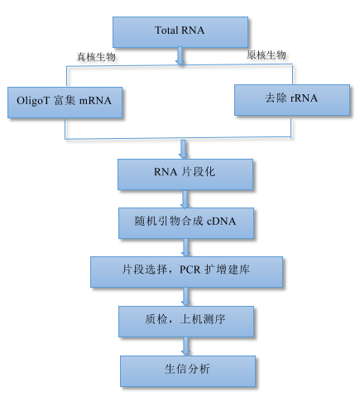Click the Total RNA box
[x=180, y=32]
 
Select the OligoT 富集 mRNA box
[x=65, y=103]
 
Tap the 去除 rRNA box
[x=292, y=100]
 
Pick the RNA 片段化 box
[x=185, y=174]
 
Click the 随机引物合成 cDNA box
[x=186, y=223]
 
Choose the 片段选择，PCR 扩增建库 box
[x=186, y=272]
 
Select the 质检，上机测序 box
[x=186, y=322]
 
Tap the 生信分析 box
[x=188, y=371]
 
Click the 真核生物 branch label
[x=96, y=57]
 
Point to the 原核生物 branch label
[x=266, y=55]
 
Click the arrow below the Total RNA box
[x=180, y=56]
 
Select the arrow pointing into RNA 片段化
[x=184, y=150]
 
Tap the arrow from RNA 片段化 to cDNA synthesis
[x=185, y=199]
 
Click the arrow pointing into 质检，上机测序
[x=185, y=297]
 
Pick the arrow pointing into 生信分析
[x=185, y=346]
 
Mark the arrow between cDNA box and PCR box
[x=185, y=248]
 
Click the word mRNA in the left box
[x=95, y=101]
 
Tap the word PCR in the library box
[x=190, y=270]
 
